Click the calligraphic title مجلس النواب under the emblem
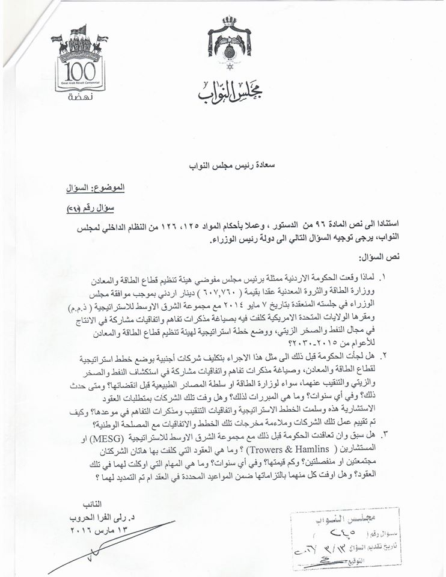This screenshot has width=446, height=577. (230, 90)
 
